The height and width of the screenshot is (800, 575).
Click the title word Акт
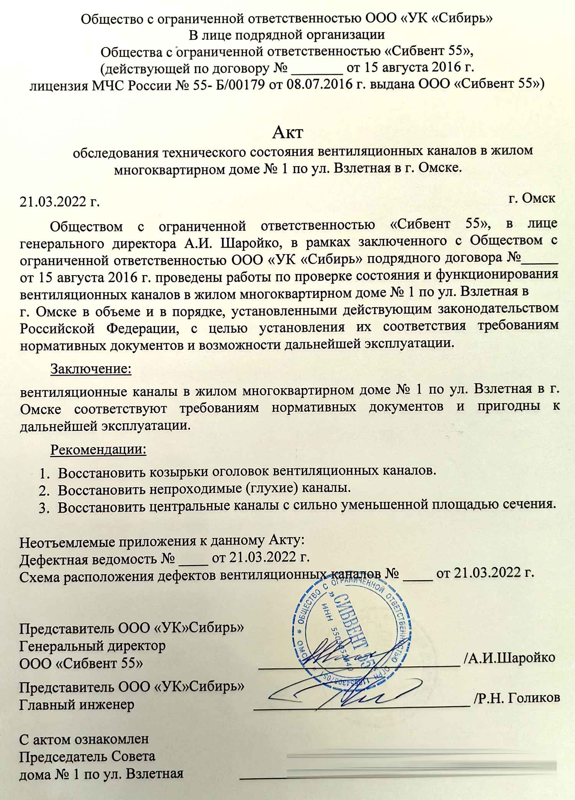[x=287, y=132]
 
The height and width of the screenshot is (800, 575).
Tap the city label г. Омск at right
[x=532, y=198]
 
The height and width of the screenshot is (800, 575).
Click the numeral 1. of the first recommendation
[x=44, y=472]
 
